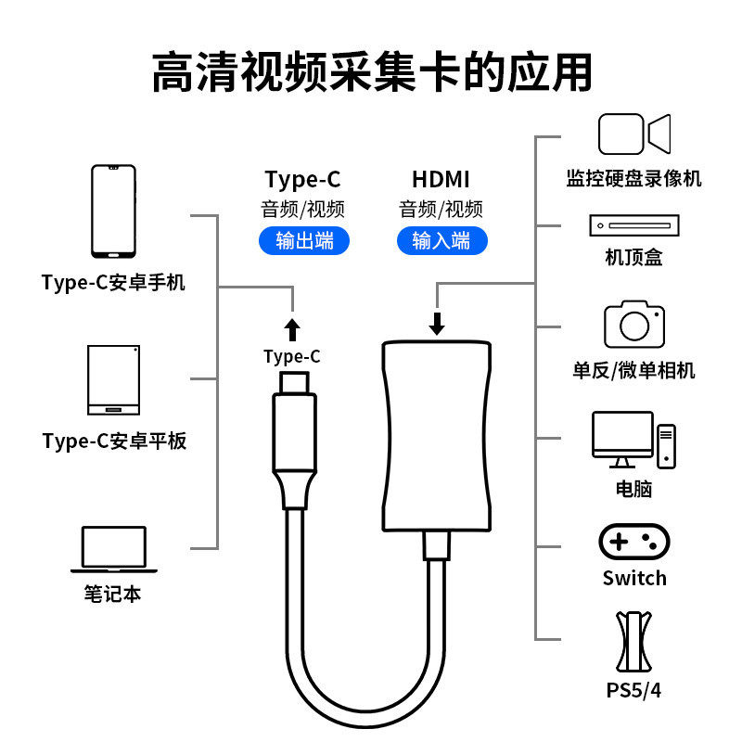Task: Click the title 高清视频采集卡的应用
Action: pos(371,71)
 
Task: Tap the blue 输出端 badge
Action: pos(304,240)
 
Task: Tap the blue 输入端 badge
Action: pos(441,240)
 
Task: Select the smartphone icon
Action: pos(113,211)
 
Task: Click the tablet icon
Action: pos(113,380)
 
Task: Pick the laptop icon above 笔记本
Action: pos(113,549)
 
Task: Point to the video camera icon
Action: pos(633,134)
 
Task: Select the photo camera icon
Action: pos(634,324)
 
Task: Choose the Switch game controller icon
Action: pos(634,542)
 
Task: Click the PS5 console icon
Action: pos(634,642)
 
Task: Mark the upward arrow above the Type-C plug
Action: pos(292,329)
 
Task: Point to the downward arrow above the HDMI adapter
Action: pos(438,322)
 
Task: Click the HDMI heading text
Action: pos(441,179)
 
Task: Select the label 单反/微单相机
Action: pos(633,371)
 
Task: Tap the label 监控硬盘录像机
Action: pos(633,179)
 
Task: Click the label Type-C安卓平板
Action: pos(114,441)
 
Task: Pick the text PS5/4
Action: pos(634,691)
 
